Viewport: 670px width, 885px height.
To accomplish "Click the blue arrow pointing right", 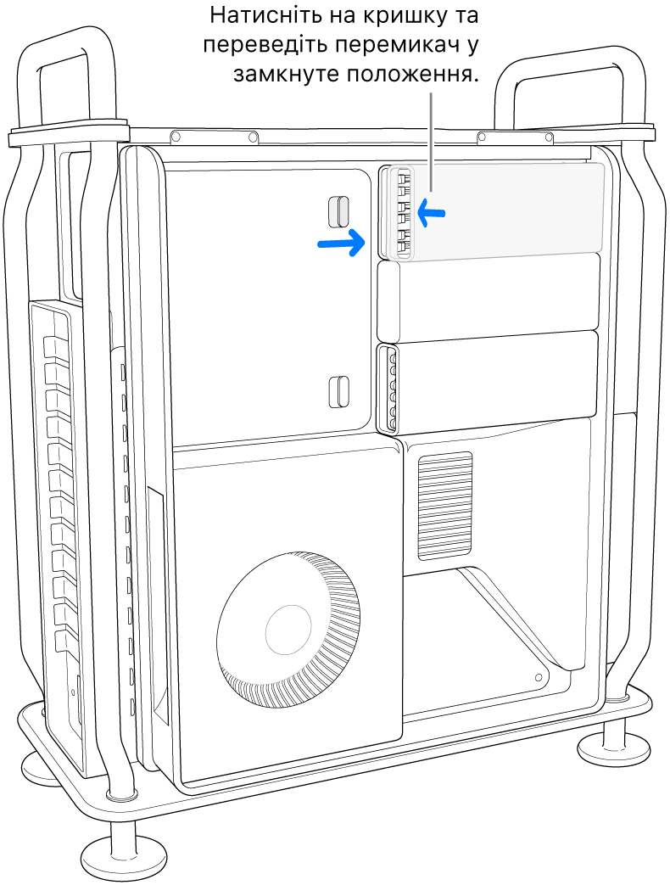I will click(341, 244).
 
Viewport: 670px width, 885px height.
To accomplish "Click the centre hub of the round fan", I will click(288, 628).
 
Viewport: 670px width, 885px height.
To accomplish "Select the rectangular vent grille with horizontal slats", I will click(444, 507).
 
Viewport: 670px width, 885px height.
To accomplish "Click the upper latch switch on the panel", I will click(338, 210).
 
